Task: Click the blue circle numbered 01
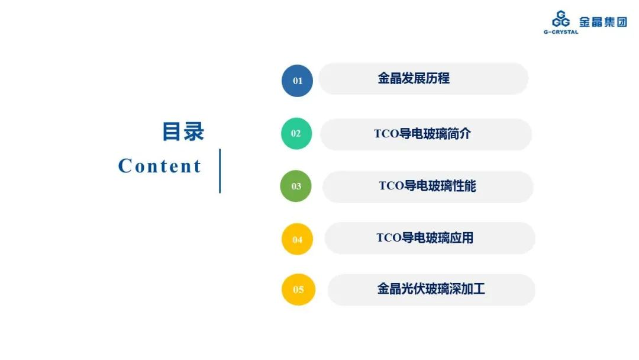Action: pos(297,81)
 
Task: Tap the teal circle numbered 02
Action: pos(296,133)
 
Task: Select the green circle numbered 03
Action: pos(296,186)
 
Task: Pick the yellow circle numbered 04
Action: pos(297,239)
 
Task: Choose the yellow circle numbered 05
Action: pos(298,290)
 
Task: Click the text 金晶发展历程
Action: pos(414,78)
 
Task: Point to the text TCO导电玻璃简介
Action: pos(422,134)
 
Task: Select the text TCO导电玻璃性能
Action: pos(428,186)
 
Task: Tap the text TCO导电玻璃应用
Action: pos(425,237)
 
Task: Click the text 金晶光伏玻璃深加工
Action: pos(431,289)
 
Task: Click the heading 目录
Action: pos(183,131)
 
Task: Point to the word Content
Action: pos(160,166)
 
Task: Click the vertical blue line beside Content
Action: pos(220,171)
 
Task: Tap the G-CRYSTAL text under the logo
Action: pos(561,32)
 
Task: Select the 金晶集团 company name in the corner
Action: pos(603,21)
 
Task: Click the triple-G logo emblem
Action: pos(561,19)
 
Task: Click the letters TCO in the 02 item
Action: pos(386,134)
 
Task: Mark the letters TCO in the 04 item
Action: pos(389,237)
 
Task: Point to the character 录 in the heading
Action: pos(194,131)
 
